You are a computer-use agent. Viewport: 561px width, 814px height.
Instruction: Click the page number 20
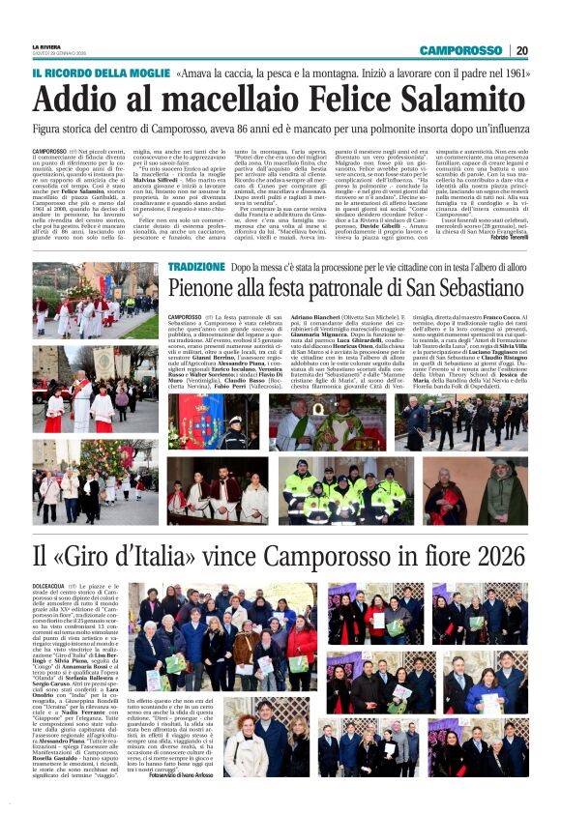coord(521,50)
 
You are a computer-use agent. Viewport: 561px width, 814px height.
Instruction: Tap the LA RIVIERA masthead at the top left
coord(45,45)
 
